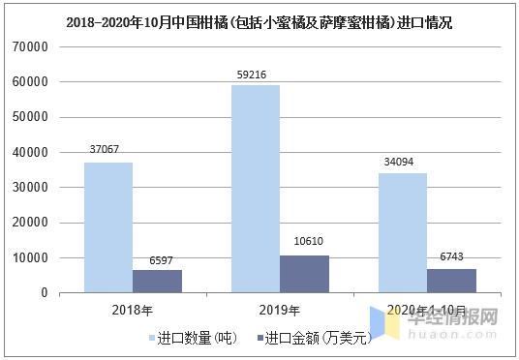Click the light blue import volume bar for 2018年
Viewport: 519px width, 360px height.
pyautogui.click(x=107, y=227)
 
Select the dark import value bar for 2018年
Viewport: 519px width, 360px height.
pyautogui.click(x=157, y=281)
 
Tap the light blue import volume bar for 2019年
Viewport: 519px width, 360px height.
pyautogui.click(x=256, y=189)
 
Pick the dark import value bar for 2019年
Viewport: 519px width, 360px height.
pyautogui.click(x=304, y=274)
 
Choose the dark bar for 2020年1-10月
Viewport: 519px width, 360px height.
pyautogui.click(x=451, y=281)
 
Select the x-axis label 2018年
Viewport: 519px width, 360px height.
pyautogui.click(x=133, y=310)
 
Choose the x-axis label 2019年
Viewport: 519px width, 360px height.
pyautogui.click(x=280, y=310)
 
